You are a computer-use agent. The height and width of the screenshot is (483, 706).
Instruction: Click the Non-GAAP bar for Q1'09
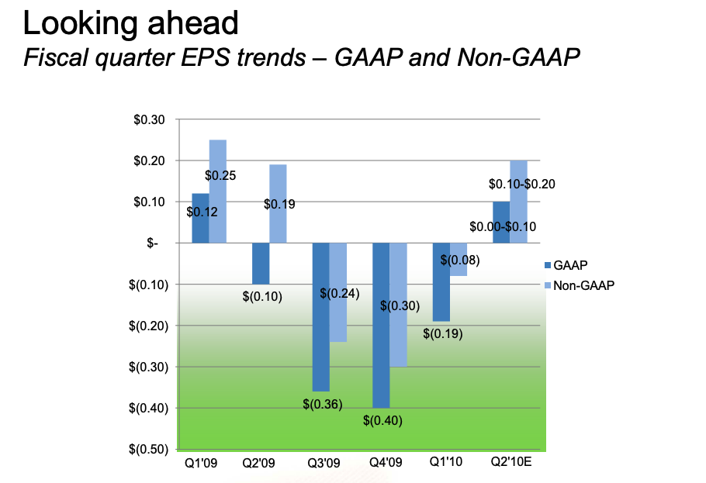218,191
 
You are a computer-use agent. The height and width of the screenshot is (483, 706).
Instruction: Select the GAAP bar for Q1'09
200,219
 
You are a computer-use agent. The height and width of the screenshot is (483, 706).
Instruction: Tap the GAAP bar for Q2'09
261,264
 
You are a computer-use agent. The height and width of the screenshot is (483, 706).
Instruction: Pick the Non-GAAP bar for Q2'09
278,204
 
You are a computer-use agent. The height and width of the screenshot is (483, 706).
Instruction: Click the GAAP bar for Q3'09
321,317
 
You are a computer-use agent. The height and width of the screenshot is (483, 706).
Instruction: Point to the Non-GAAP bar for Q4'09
399,305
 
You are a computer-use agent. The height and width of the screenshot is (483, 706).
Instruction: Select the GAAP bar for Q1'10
441,282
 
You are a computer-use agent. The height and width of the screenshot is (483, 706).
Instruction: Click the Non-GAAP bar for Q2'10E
519,202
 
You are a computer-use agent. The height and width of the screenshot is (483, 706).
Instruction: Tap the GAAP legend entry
566,265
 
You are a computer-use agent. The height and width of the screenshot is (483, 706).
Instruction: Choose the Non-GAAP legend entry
580,285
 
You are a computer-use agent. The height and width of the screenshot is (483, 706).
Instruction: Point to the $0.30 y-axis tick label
149,119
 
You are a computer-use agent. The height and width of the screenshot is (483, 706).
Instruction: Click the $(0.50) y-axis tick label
149,449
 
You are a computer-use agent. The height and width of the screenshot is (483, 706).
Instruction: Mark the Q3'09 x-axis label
324,463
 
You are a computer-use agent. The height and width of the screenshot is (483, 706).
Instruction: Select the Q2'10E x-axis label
511,462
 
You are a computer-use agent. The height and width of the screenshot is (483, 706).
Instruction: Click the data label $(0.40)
382,420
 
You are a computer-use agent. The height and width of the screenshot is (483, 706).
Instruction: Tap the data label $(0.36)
323,404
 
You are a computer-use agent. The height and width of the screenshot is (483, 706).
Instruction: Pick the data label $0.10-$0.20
522,184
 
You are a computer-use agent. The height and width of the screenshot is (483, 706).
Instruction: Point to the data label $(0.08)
460,260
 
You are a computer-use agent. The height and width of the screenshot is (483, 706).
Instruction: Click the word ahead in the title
192,23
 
